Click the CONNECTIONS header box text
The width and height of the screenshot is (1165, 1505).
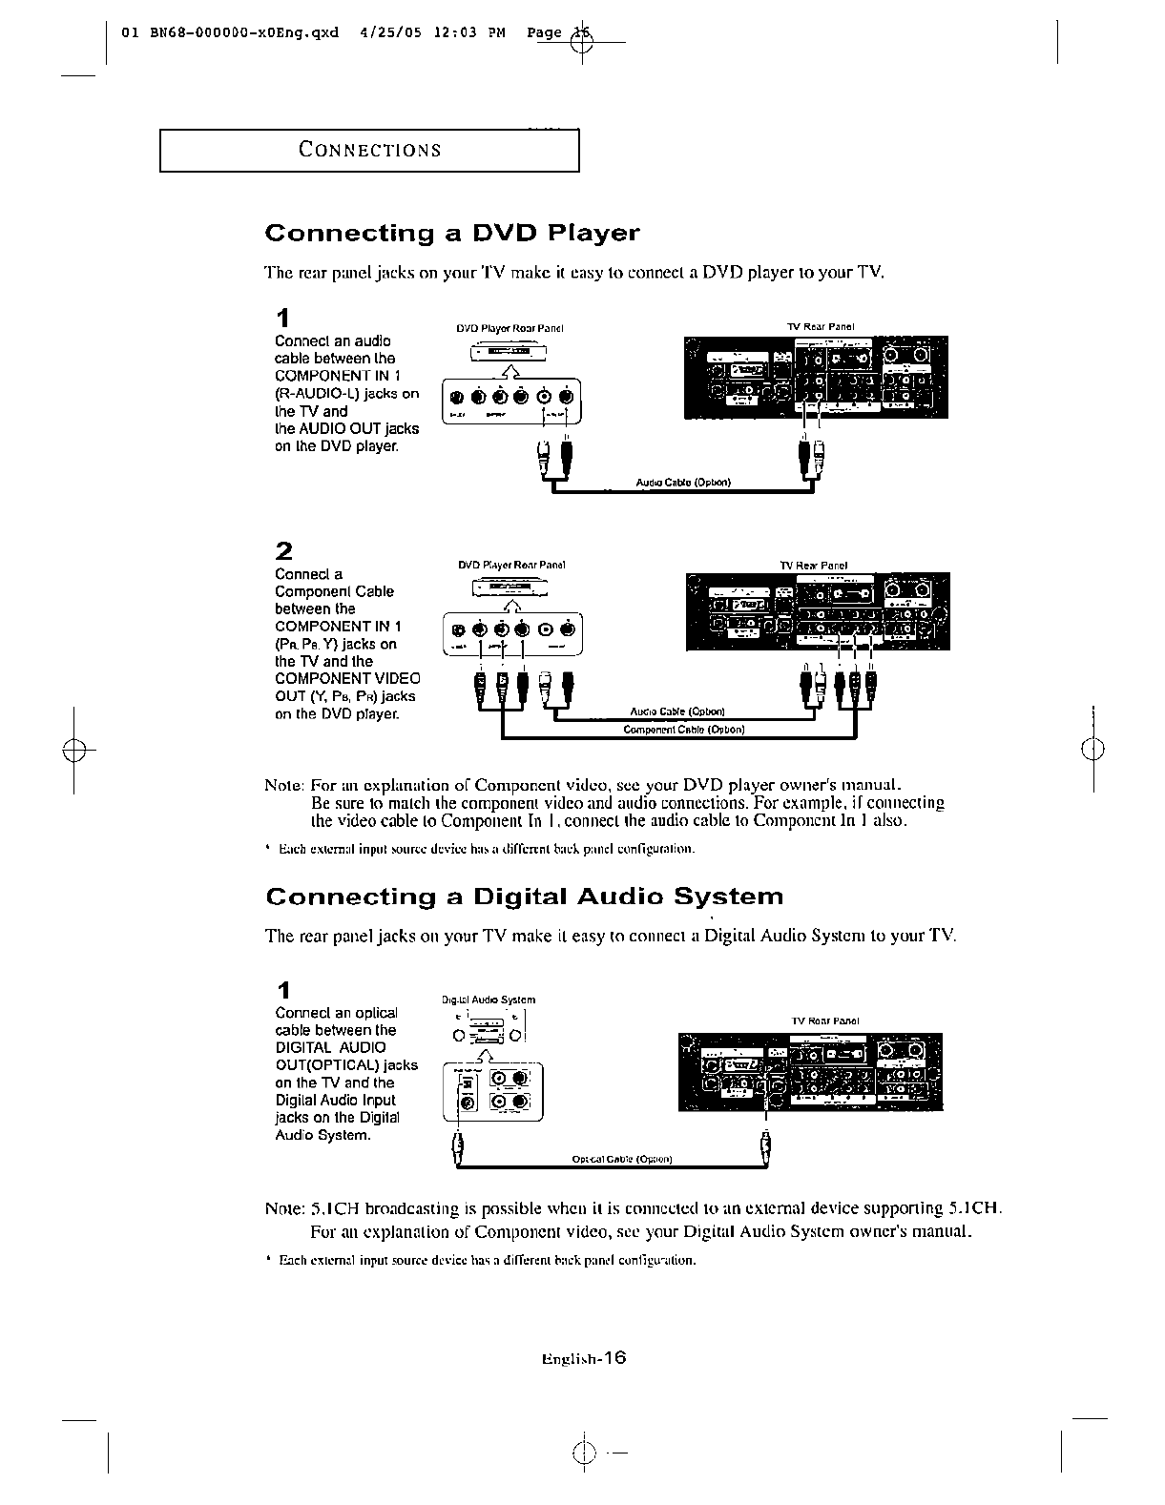[x=369, y=150]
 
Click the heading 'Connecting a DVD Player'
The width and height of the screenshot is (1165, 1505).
[x=451, y=234]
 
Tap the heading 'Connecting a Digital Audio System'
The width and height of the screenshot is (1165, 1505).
[x=524, y=897]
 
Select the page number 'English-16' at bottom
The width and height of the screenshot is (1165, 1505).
[x=582, y=1359]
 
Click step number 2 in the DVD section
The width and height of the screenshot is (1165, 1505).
[x=283, y=551]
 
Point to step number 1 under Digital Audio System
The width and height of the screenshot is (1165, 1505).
[x=282, y=989]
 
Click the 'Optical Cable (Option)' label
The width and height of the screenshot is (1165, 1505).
[x=622, y=1160]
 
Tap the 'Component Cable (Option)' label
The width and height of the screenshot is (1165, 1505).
[x=683, y=730]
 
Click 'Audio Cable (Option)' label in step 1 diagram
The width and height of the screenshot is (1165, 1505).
[x=683, y=483]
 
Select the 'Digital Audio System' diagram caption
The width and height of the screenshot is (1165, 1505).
[x=489, y=1000]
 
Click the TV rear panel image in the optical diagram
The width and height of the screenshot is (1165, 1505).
[x=810, y=1072]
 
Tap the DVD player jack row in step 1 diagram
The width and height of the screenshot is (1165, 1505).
[x=512, y=398]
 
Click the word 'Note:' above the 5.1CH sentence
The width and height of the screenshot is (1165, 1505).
[x=283, y=1208]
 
